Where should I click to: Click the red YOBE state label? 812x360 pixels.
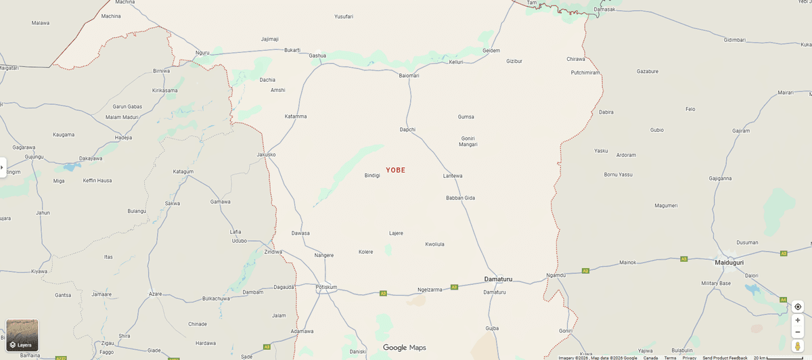[x=395, y=170]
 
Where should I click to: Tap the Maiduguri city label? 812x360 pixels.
[x=729, y=262]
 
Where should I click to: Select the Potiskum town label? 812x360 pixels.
[x=326, y=287]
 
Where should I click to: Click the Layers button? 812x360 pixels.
[x=22, y=336]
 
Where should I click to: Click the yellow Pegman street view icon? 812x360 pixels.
[x=797, y=346]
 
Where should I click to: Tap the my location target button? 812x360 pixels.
[x=797, y=307]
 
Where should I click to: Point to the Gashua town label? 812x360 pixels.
[x=317, y=55]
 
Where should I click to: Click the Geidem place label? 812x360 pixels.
[x=491, y=51]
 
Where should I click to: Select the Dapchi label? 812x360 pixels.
[x=407, y=129]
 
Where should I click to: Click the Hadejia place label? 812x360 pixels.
[x=123, y=137]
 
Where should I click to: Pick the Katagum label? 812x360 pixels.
[x=183, y=172]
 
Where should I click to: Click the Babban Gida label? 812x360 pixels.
[x=460, y=198]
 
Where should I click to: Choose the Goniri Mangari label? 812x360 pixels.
[x=468, y=141]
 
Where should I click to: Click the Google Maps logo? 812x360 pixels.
[x=405, y=348]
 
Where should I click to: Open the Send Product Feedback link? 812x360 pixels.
[x=725, y=357]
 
